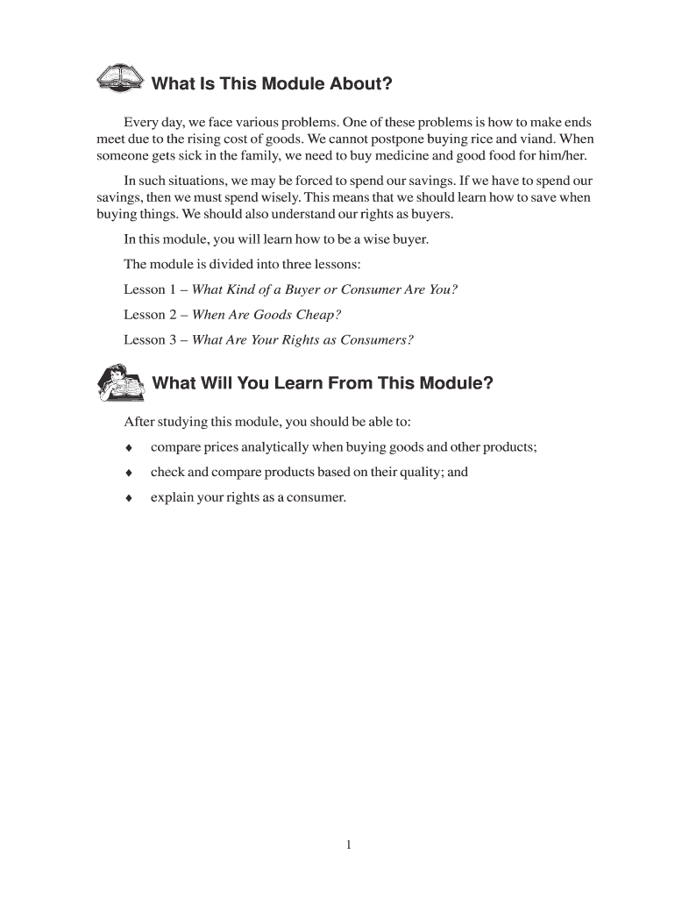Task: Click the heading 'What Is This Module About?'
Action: click(x=272, y=84)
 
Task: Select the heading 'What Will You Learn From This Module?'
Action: click(x=323, y=383)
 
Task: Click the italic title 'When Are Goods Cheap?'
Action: click(x=266, y=314)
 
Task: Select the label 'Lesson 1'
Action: click(x=145, y=289)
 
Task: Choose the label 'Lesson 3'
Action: click(x=145, y=339)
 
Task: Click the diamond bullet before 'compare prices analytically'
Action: click(x=129, y=448)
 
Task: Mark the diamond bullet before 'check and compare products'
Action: click(x=129, y=473)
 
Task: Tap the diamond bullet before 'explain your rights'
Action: click(x=129, y=498)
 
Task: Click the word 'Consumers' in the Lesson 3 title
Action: click(x=380, y=339)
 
